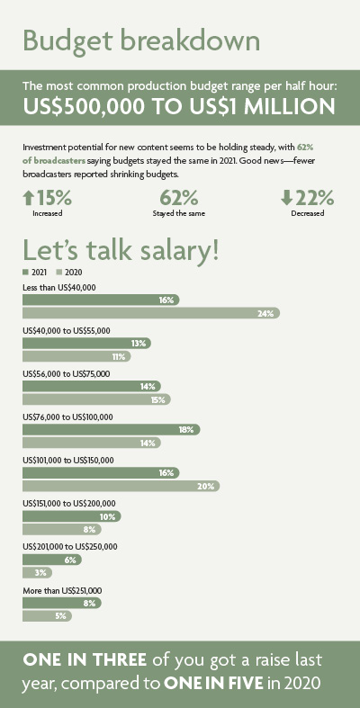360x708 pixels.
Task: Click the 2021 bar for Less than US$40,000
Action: coord(101,300)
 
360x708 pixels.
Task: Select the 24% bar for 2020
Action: coord(151,313)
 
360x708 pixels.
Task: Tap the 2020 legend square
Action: coord(58,273)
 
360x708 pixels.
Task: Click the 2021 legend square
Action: coord(25,273)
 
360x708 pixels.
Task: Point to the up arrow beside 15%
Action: coord(28,198)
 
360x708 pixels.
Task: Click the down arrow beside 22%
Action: coord(286,198)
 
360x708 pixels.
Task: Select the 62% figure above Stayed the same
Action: coord(178,198)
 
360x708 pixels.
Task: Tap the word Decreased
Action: coord(308,213)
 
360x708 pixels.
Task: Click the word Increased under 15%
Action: coord(48,213)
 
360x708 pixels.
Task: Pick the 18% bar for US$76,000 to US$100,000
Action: coord(111,429)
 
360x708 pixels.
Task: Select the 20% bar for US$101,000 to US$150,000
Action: coord(121,486)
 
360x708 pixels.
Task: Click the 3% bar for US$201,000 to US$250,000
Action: coord(38,572)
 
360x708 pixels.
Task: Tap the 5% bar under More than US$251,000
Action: coord(48,616)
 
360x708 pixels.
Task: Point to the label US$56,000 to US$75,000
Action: coord(67,374)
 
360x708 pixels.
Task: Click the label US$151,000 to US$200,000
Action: coord(69,504)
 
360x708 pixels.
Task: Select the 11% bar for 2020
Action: coord(76,356)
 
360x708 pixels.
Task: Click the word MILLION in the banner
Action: coord(289,107)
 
